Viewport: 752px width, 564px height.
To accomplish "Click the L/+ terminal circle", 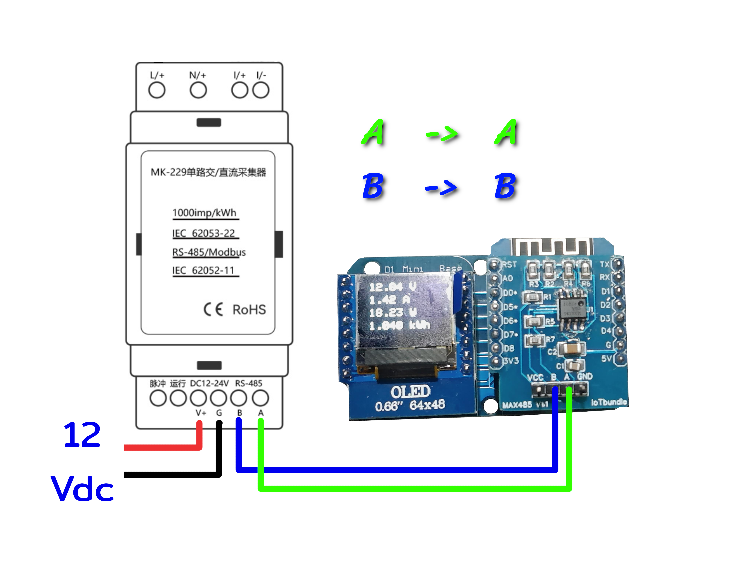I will point(157,91).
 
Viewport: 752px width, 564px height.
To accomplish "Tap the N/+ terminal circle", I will point(198,91).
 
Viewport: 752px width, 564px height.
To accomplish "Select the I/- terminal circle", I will point(261,91).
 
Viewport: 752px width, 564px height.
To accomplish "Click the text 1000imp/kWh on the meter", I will point(204,213).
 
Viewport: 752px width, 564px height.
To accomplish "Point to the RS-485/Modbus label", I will point(209,252).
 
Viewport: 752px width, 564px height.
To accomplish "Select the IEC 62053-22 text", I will point(204,233).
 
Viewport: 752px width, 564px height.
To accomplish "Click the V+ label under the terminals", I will point(201,413).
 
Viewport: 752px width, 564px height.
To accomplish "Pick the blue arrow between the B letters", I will point(441,188).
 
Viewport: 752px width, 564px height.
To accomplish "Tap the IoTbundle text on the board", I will point(609,402).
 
